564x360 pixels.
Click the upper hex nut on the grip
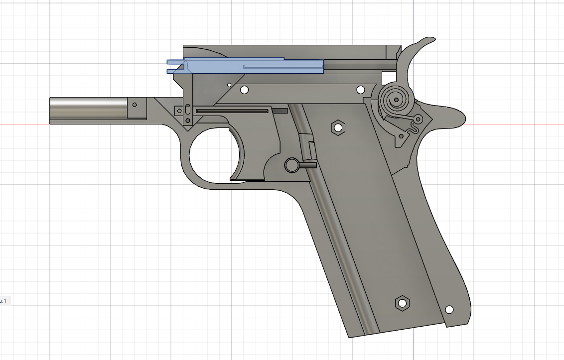pos(338,127)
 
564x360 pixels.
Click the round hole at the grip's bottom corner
pos(449,309)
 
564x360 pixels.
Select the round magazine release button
pos(291,164)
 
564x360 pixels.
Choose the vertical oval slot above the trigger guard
pos(187,110)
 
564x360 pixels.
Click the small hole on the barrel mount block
pos(134,105)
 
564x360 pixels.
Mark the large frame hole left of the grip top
pos(244,90)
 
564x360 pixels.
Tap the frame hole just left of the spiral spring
pos(360,90)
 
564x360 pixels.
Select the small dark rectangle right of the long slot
pos(280,111)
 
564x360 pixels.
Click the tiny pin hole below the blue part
pos(229,85)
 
